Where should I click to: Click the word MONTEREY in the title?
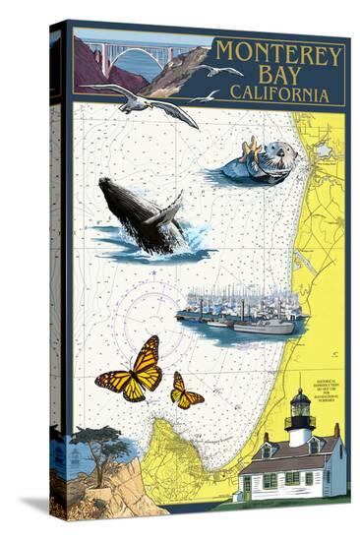click(279, 55)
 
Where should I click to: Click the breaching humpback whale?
click(143, 214)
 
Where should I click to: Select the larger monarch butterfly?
click(133, 370)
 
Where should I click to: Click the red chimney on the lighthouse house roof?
click(335, 430)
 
